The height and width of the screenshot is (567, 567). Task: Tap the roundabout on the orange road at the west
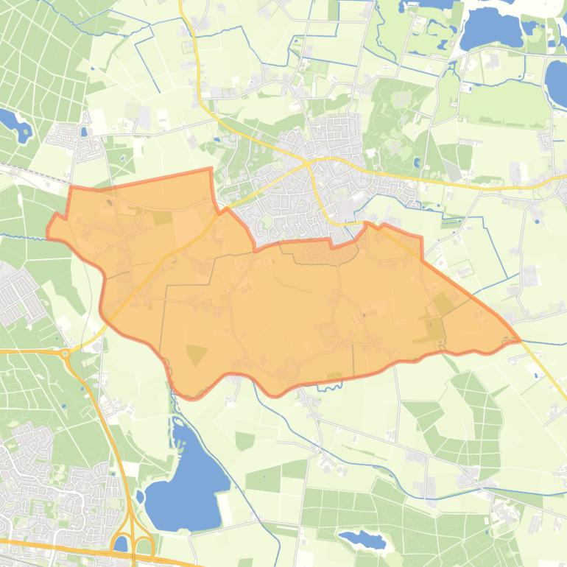pos(66,353)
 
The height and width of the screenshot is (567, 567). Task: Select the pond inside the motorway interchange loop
pos(121,544)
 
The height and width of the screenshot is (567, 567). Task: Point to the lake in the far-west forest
pos(15,125)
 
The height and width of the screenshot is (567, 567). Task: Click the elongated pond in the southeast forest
pos(362,541)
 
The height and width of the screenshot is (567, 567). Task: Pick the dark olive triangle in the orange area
pos(195,355)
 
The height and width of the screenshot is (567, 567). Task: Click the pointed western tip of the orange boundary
pos(49,230)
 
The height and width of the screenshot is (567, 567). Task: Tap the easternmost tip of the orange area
pos(520,340)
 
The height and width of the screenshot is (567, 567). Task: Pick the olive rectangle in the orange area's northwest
pos(162,218)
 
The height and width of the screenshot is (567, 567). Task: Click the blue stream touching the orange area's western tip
pos(22,236)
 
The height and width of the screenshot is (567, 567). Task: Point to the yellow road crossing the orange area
pos(169,254)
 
